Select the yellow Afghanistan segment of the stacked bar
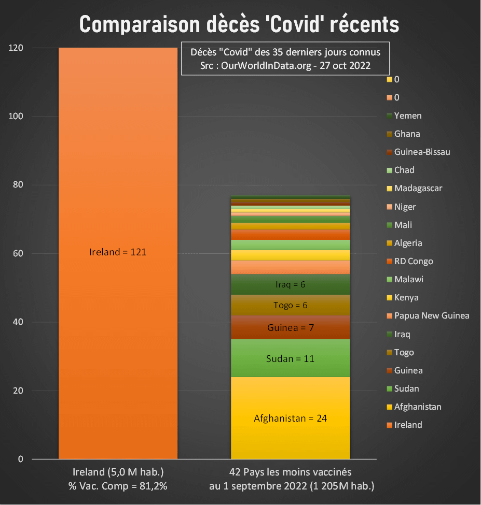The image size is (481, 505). pos(290,417)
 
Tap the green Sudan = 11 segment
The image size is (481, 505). pos(290,358)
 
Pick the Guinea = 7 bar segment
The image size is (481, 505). pos(290,327)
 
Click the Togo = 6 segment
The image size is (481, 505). pos(290,305)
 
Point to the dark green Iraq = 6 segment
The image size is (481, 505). pos(290,284)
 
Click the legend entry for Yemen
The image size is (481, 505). pos(407,116)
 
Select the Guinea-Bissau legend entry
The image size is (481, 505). pos(421,152)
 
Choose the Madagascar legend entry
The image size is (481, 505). pos(418,188)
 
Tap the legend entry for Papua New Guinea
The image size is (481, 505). pos(431,315)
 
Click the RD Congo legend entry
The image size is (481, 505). pos(413,261)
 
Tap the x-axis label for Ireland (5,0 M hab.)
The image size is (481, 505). pos(118,472)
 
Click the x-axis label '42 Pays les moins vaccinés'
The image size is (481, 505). pos(290,472)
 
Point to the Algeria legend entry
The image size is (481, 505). pos(408,243)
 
